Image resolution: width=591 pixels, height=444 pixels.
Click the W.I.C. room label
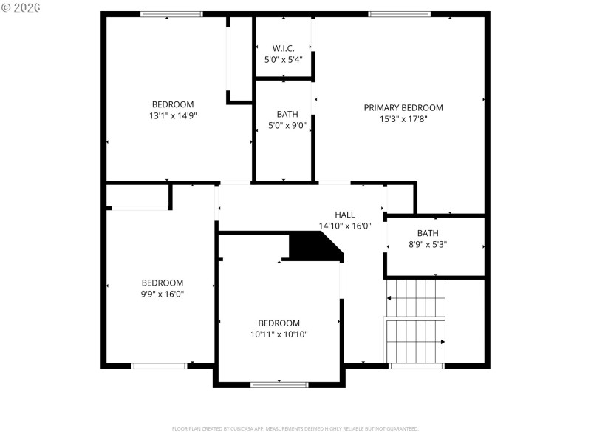tap(284, 48)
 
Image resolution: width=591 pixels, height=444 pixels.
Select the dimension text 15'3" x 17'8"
tap(403, 118)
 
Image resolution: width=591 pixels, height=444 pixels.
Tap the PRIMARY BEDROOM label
tap(403, 107)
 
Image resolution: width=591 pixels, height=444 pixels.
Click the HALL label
tap(345, 215)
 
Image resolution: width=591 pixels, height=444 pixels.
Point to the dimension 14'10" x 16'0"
tap(345, 226)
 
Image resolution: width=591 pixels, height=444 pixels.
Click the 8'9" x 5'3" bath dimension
tap(427, 244)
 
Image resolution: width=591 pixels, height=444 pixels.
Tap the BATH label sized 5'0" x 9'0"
tap(287, 114)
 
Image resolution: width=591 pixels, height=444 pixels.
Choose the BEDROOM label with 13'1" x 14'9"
tap(173, 104)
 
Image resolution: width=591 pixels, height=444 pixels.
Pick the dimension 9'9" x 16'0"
tap(163, 294)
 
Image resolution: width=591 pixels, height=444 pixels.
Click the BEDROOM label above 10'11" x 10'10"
tap(279, 323)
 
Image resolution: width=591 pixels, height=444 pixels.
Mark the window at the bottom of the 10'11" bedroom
tap(279, 384)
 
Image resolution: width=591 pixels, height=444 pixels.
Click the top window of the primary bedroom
tap(399, 13)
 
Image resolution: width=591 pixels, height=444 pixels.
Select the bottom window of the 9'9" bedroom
tap(160, 365)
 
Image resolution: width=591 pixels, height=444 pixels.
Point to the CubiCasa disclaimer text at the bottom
tap(295, 428)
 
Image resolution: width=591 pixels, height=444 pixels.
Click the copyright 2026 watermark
tap(21, 7)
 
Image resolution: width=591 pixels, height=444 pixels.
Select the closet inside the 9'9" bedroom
tap(138, 196)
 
